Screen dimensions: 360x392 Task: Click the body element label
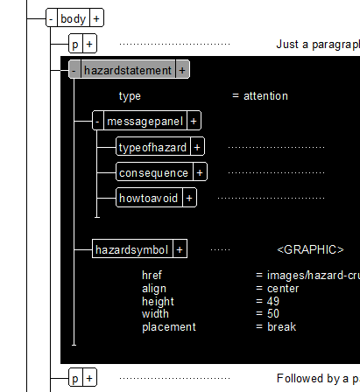pyautogui.click(x=74, y=19)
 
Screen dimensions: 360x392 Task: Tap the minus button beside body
pyautogui.click(x=52, y=19)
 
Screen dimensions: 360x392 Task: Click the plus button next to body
pyautogui.click(x=96, y=19)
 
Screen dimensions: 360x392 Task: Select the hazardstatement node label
pyautogui.click(x=128, y=70)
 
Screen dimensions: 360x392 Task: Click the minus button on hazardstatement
pyautogui.click(x=74, y=70)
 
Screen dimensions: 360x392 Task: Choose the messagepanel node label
pyautogui.click(x=145, y=121)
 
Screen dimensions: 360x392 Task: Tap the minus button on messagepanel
pyautogui.click(x=98, y=122)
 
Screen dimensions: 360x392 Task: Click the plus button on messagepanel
pyautogui.click(x=194, y=122)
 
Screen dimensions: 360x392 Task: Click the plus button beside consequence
pyautogui.click(x=200, y=172)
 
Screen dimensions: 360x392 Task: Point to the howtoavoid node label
pyautogui.click(x=149, y=198)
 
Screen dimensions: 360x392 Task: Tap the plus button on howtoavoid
pyautogui.click(x=189, y=199)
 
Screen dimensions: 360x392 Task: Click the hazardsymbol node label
pyautogui.click(x=132, y=249)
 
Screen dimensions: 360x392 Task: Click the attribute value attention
pyautogui.click(x=265, y=96)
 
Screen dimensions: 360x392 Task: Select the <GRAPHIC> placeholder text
pyautogui.click(x=310, y=249)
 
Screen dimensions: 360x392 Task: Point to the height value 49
pyautogui.click(x=273, y=301)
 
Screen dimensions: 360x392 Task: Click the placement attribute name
pyautogui.click(x=169, y=327)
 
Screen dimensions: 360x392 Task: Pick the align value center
pyautogui.click(x=283, y=289)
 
